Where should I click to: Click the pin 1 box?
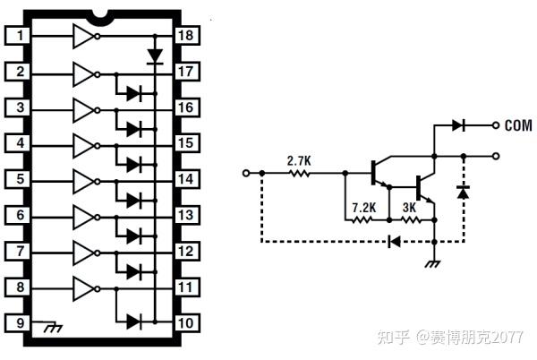(19, 36)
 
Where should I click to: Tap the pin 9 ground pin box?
(19, 323)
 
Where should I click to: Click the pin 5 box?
(19, 179)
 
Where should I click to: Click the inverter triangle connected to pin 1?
(83, 36)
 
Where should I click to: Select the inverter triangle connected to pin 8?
(83, 287)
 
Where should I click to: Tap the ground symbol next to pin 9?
(52, 328)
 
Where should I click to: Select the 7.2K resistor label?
(362, 207)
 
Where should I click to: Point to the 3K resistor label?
(408, 207)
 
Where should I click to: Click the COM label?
(518, 125)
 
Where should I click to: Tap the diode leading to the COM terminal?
(459, 125)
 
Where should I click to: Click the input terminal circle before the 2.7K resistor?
(247, 174)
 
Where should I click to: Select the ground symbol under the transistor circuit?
(433, 262)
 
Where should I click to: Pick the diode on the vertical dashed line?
(463, 191)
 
